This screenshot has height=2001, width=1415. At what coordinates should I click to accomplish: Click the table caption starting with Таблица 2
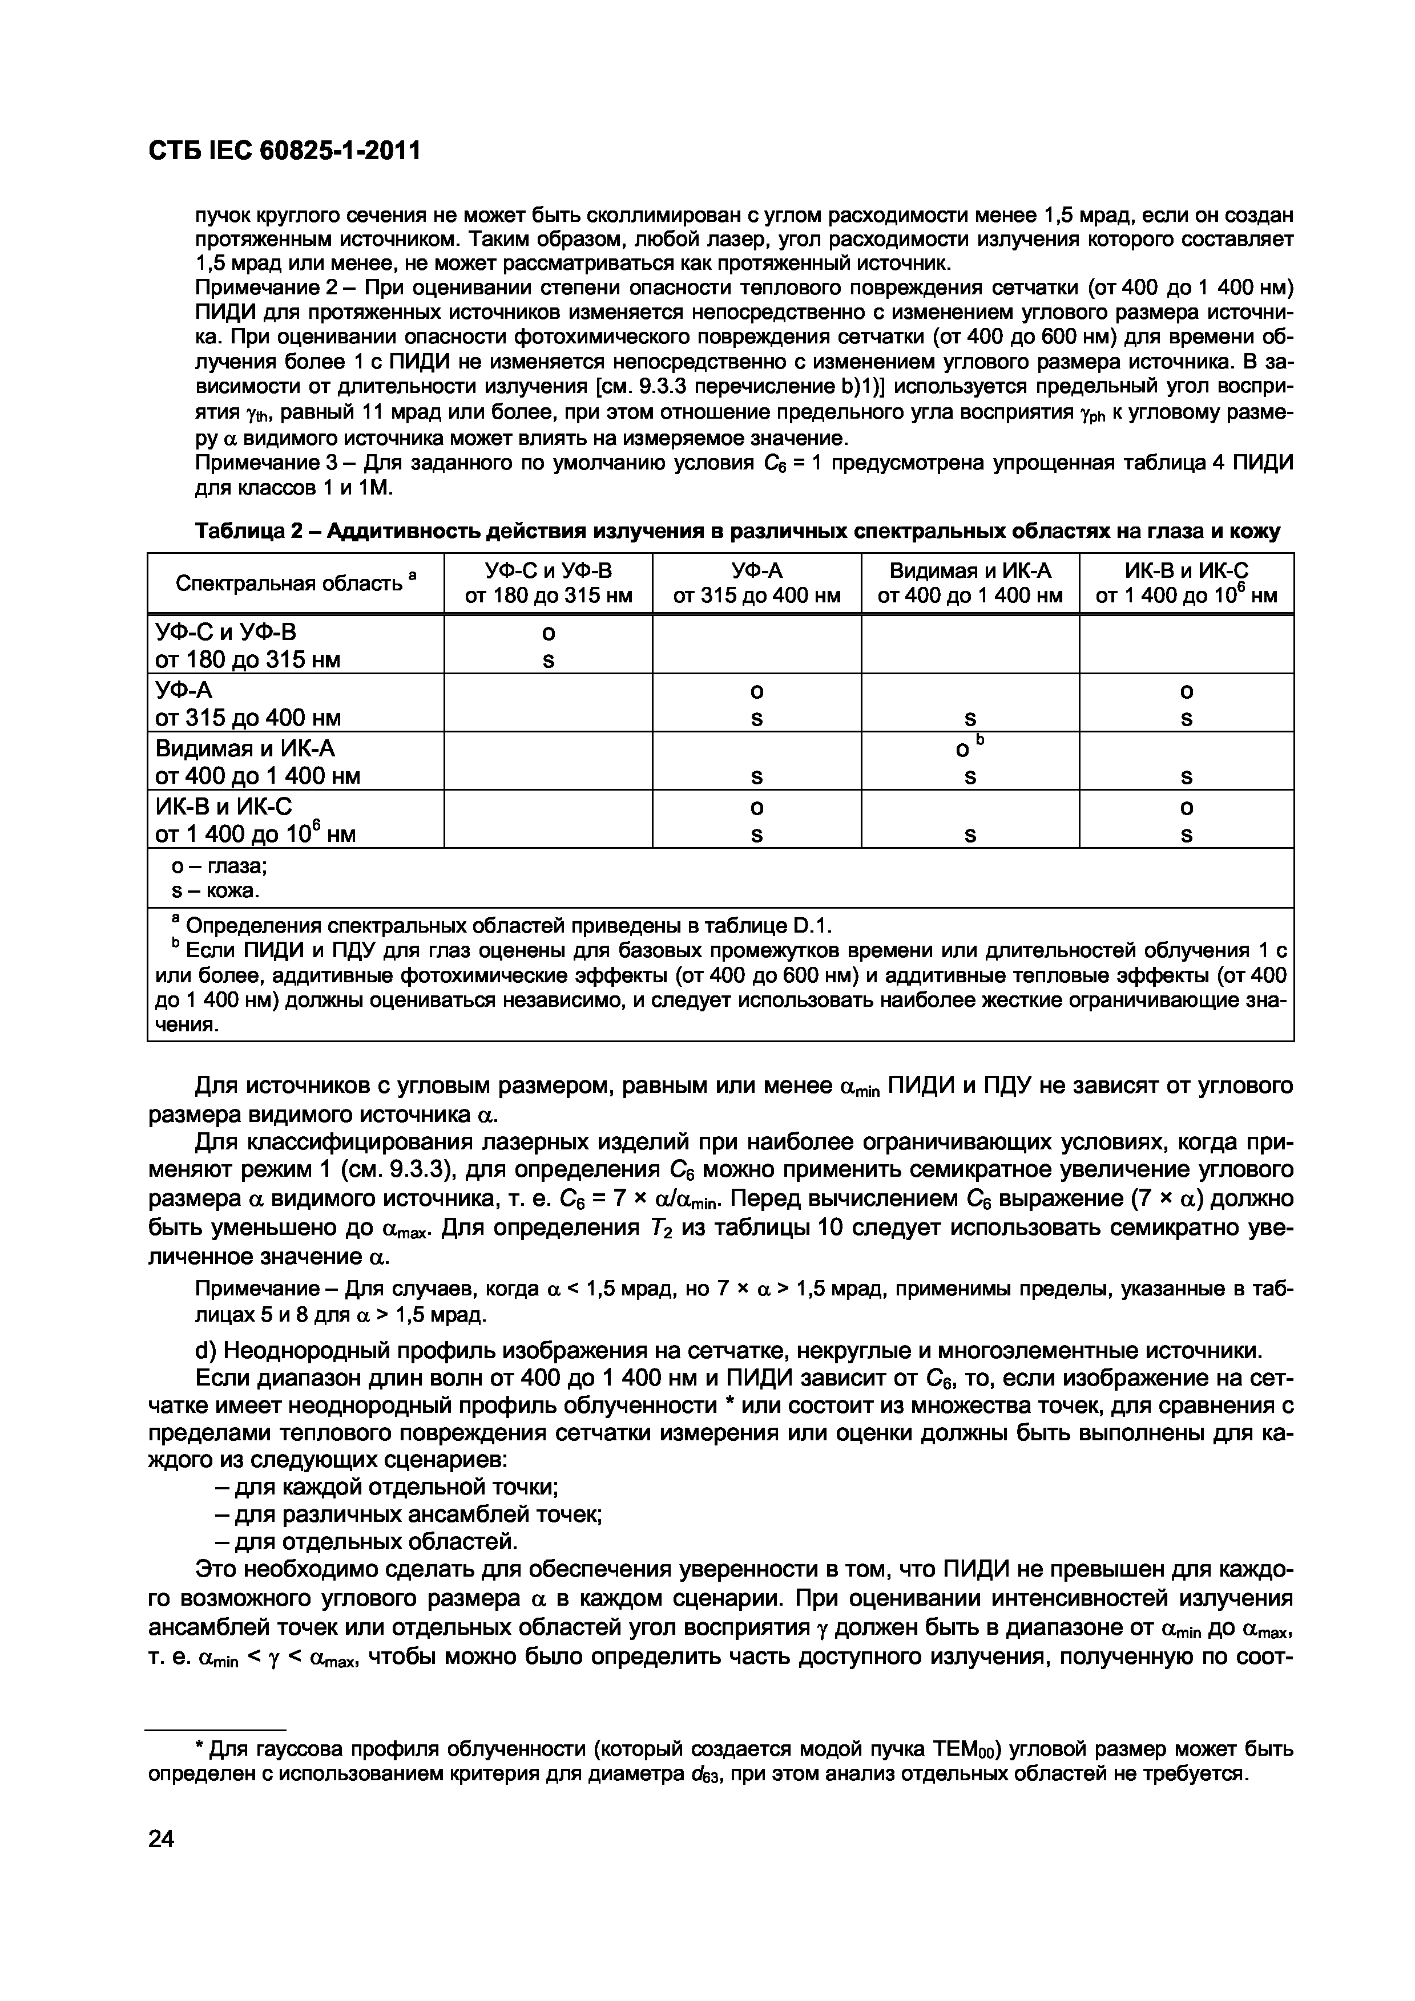[737, 530]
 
